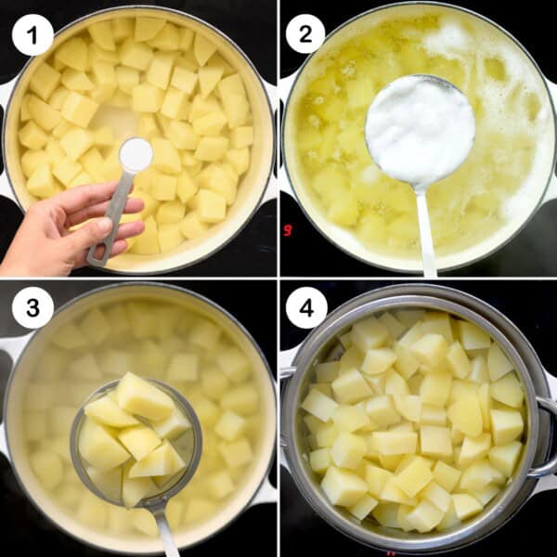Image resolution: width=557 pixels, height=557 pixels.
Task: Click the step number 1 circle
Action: pyautogui.click(x=32, y=34)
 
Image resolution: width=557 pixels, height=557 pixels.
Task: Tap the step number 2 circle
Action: pyautogui.click(x=305, y=34)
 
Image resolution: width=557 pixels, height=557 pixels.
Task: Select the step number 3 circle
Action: pyautogui.click(x=32, y=307)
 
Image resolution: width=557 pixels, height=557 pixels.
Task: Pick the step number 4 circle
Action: pyautogui.click(x=305, y=307)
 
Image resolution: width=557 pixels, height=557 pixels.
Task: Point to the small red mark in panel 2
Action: pyautogui.click(x=288, y=229)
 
